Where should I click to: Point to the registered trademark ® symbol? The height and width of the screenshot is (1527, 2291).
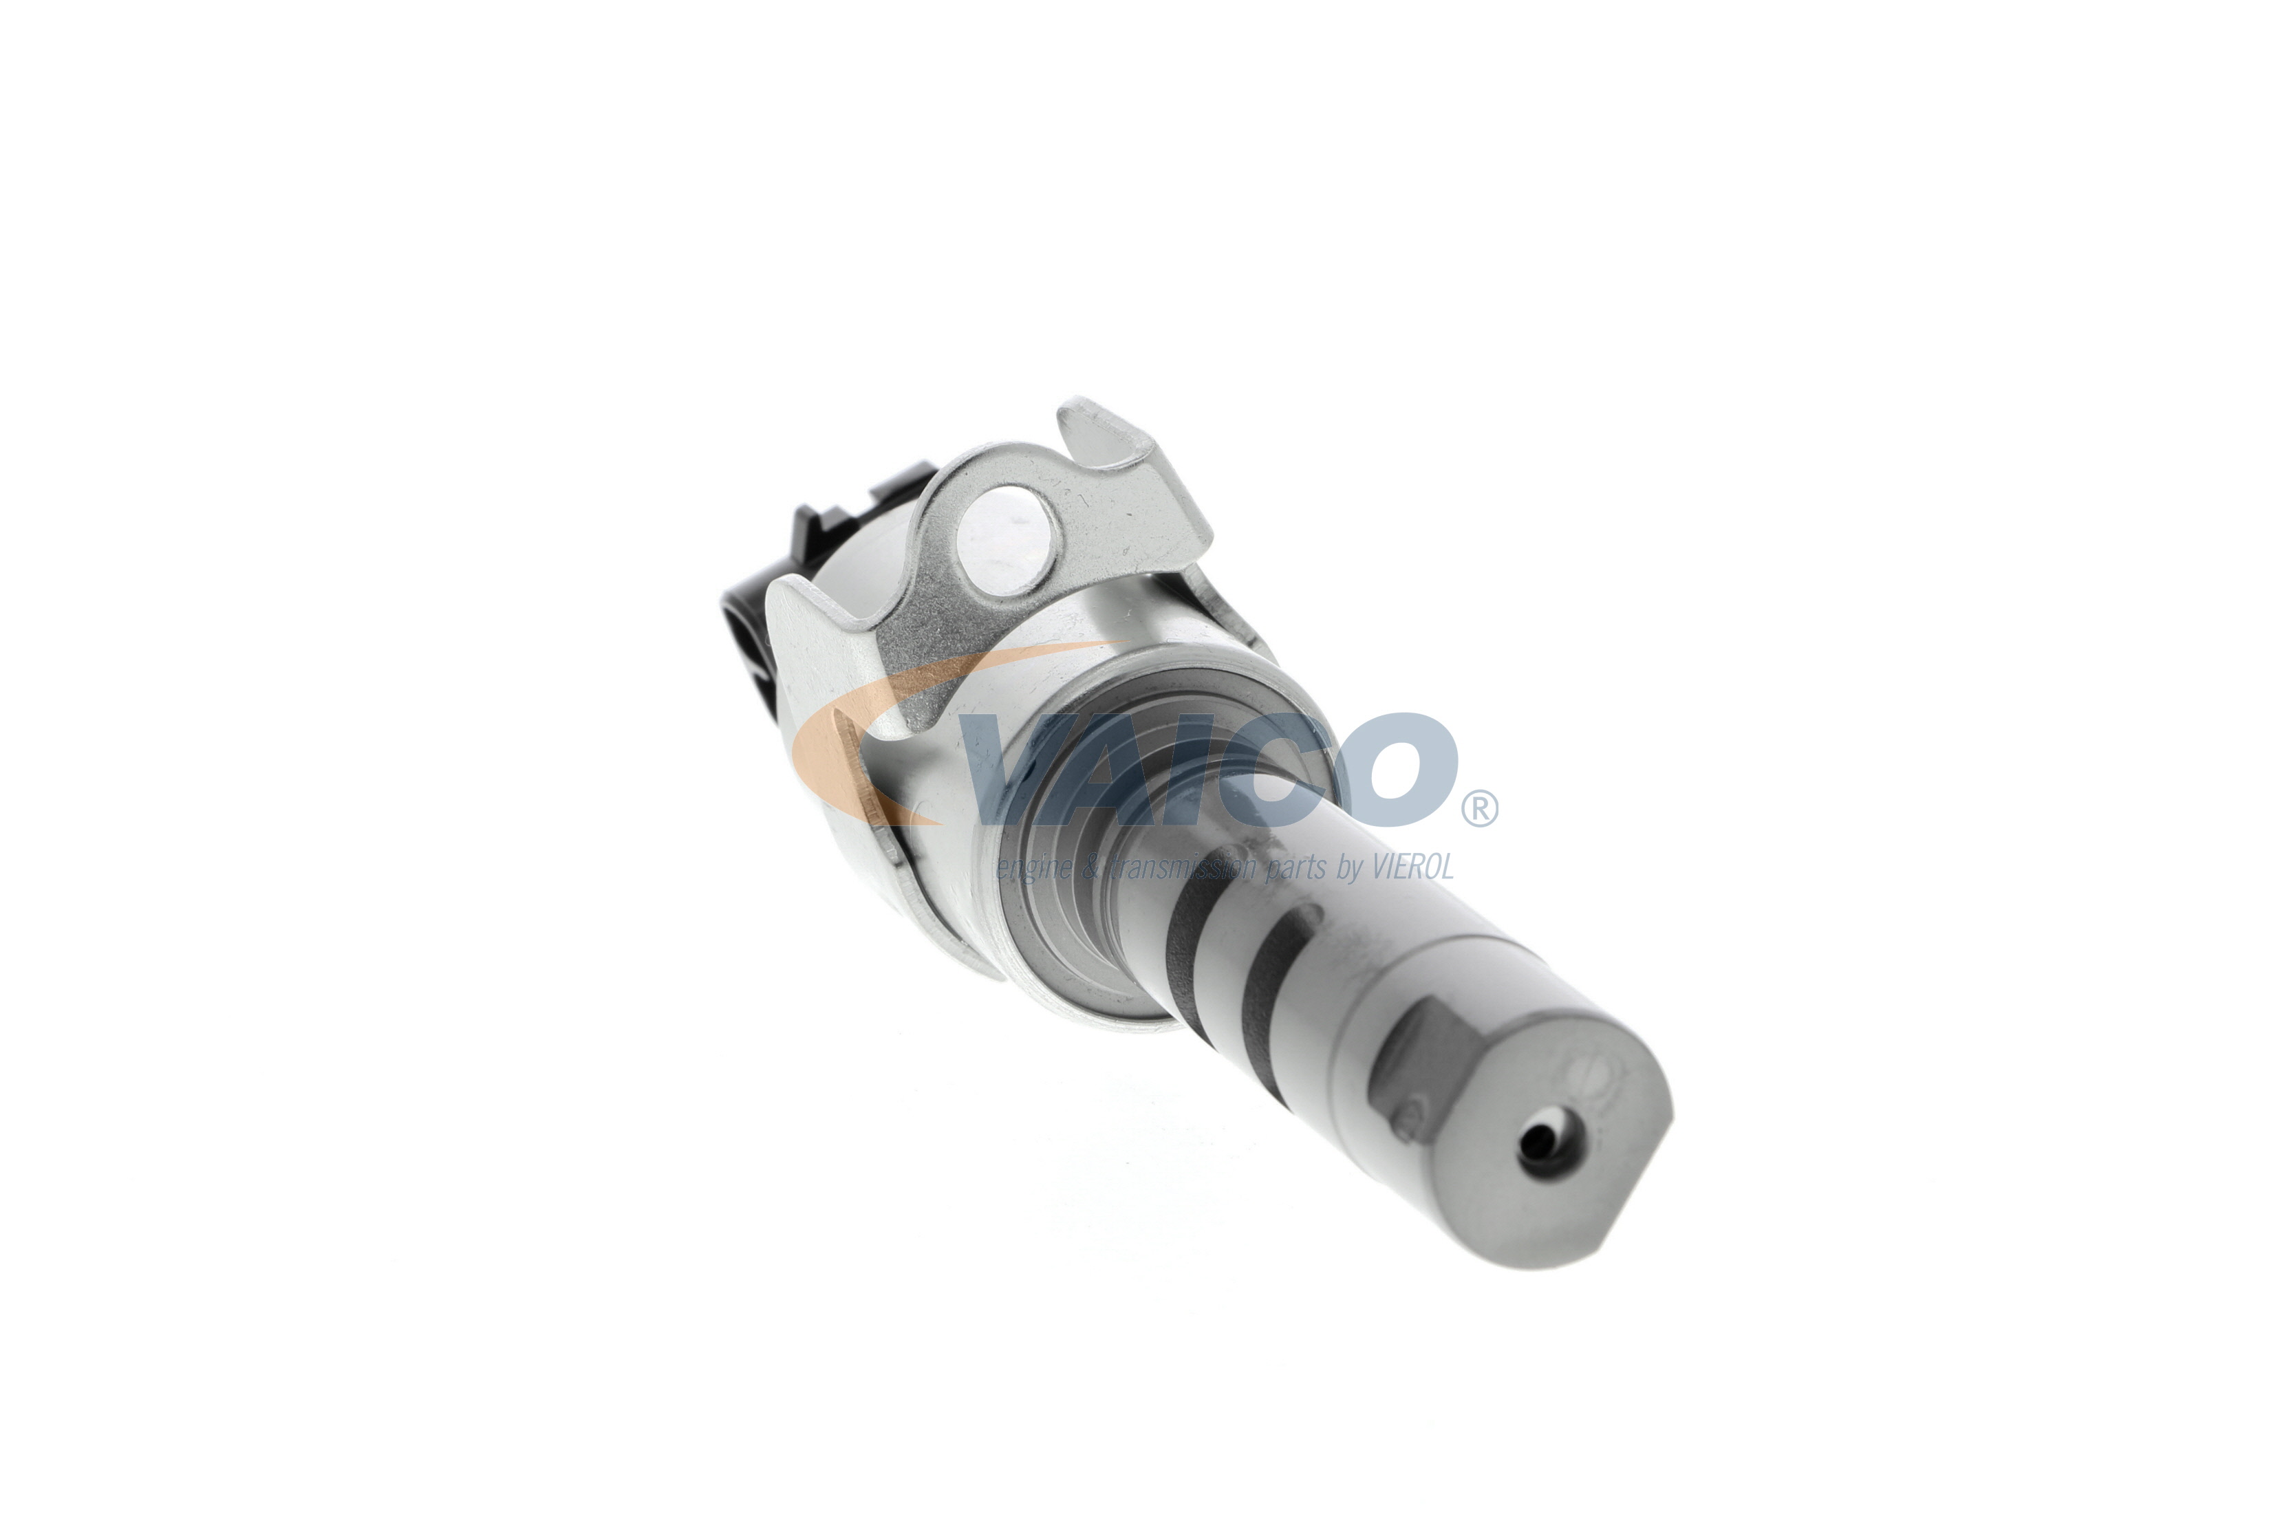[x=1478, y=808]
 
